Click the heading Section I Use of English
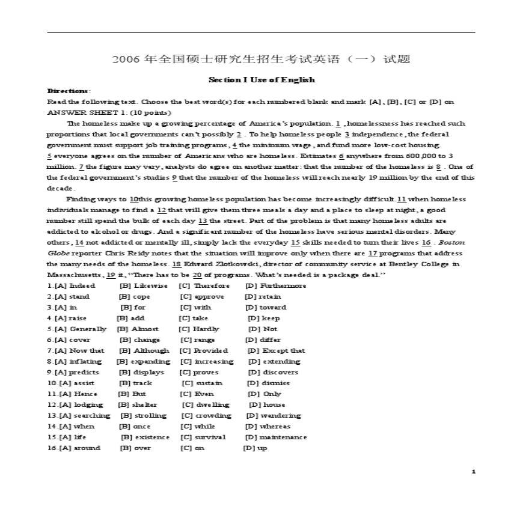261,80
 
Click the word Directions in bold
66,91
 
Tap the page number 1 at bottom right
474,472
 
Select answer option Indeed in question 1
82,285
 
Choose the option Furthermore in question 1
284,285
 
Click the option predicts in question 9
84,372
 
